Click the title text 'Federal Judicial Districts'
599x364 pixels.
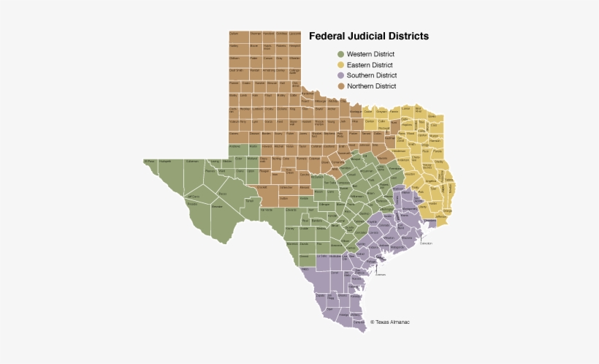(x=368, y=36)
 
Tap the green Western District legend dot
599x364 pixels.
(x=340, y=54)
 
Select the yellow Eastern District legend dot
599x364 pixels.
(x=340, y=65)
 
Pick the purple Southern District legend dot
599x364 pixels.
(x=340, y=75)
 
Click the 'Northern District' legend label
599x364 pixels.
(x=371, y=86)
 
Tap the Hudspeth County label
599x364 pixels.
(x=167, y=162)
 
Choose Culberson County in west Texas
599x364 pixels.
(x=192, y=162)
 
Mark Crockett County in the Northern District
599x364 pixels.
(x=262, y=188)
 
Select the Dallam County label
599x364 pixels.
(x=234, y=34)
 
